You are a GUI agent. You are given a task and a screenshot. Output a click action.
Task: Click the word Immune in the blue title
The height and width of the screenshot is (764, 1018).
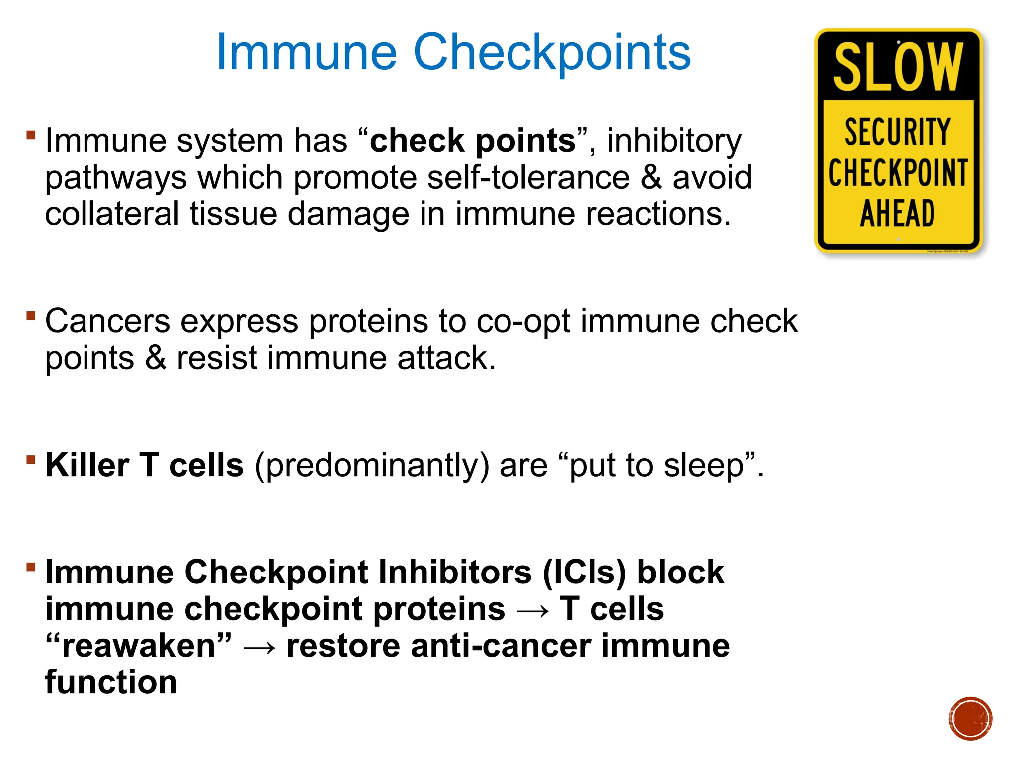(306, 52)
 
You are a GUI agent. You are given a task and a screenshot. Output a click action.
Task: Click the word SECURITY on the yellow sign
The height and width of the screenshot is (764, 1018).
(898, 132)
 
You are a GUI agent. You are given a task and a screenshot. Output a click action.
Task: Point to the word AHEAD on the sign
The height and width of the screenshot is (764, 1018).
(898, 214)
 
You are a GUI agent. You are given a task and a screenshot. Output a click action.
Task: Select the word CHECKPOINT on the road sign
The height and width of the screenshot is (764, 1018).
(898, 173)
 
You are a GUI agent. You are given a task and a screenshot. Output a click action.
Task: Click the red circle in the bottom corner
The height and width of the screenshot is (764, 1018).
(970, 719)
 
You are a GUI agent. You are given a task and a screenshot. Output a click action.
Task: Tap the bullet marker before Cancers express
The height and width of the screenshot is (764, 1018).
(31, 315)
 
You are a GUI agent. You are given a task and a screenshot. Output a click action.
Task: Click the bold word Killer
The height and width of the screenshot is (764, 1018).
(87, 465)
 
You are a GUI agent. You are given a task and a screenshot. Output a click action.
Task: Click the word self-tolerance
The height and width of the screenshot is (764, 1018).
(528, 178)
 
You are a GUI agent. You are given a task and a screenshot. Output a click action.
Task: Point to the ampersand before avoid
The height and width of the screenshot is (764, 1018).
(651, 178)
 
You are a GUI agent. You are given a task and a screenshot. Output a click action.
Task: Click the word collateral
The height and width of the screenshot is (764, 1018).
(112, 214)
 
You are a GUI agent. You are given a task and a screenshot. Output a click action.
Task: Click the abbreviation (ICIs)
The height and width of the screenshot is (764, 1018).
(584, 572)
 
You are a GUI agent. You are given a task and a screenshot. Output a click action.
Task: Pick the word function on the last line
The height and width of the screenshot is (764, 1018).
(111, 682)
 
